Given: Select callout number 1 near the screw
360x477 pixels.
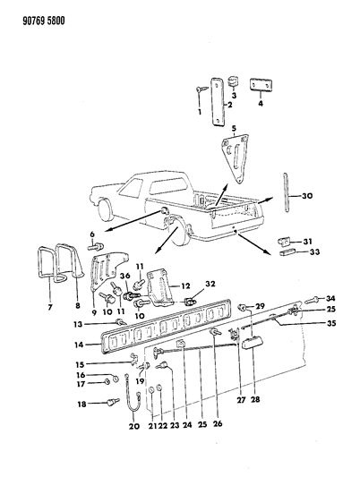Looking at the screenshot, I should tap(199, 113).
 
